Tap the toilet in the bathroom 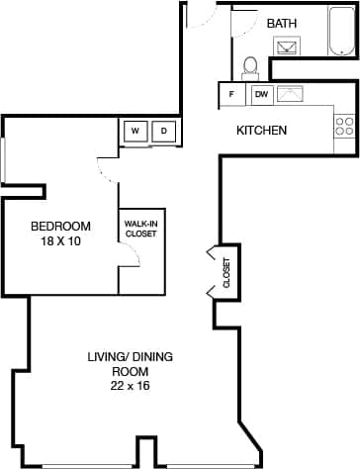coord(250,67)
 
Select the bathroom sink coord(288,47)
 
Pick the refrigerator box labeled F coord(231,95)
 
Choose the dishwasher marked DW coord(261,95)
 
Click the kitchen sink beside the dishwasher coord(291,95)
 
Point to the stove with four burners coord(344,126)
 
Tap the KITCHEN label coord(261,131)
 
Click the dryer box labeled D coord(164,131)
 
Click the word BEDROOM coord(60,225)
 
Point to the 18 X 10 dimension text coord(60,240)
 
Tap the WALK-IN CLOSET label coord(140,229)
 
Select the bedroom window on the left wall coord(3,160)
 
